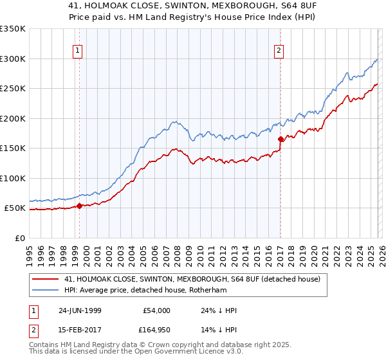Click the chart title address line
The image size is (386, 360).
pyautogui.click(x=193, y=5)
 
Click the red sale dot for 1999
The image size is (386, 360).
pyautogui.click(x=80, y=206)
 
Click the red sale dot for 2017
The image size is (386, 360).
pyautogui.click(x=280, y=139)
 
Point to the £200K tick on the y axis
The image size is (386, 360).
pyautogui.click(x=13, y=118)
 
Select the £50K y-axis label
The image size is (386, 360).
pyautogui.click(x=14, y=208)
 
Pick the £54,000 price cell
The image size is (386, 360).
pyautogui.click(x=155, y=310)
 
